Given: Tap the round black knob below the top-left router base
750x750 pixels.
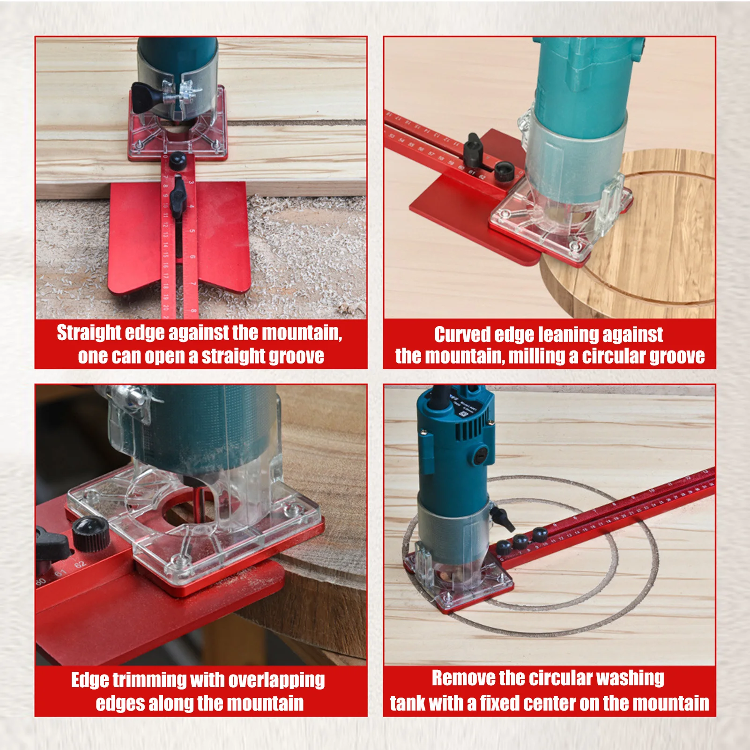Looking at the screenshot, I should tap(178, 160).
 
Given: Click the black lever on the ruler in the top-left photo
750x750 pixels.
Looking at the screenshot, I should tap(178, 197).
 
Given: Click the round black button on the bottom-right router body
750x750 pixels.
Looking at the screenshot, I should tap(481, 454).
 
